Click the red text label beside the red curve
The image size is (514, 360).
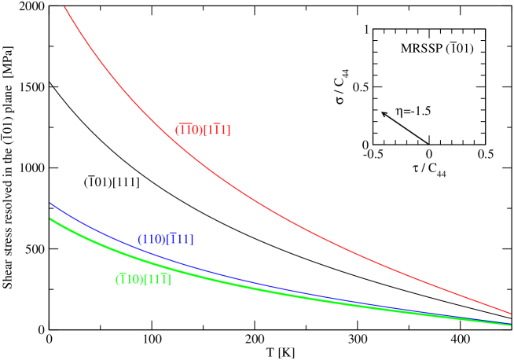(203, 130)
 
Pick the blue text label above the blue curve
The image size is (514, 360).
(165, 239)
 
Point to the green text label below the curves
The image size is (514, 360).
(143, 279)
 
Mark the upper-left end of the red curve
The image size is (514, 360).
(65, 7)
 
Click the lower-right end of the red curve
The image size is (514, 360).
(510, 313)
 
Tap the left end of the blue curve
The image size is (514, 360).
(51, 204)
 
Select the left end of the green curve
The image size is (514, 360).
(51, 219)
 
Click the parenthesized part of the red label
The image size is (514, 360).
(189, 130)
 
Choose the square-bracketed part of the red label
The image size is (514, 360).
(217, 130)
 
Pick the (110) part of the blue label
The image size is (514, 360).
(152, 239)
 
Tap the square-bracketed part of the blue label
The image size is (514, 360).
(180, 239)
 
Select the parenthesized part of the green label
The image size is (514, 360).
(129, 279)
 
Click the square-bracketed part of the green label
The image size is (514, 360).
(157, 279)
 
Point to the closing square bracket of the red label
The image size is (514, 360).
(229, 130)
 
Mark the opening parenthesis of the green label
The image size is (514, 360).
(117, 279)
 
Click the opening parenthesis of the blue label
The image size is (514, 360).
(139, 239)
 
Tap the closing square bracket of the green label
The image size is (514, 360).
(169, 280)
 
